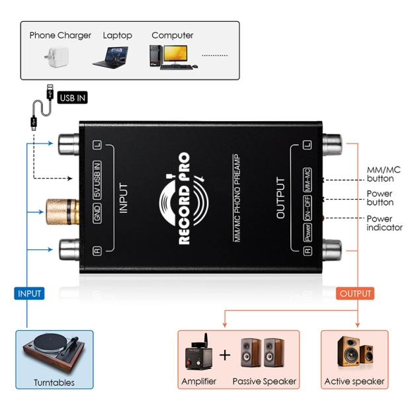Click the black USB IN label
tap(72, 98)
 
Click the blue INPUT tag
tap(29, 293)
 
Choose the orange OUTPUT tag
tap(355, 293)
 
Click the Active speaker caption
tap(354, 382)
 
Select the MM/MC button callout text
tap(384, 174)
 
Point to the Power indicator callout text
tap(384, 223)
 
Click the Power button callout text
tap(380, 198)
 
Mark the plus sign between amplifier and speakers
tap(225, 355)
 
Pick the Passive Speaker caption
tap(264, 382)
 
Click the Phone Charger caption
tap(60, 35)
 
